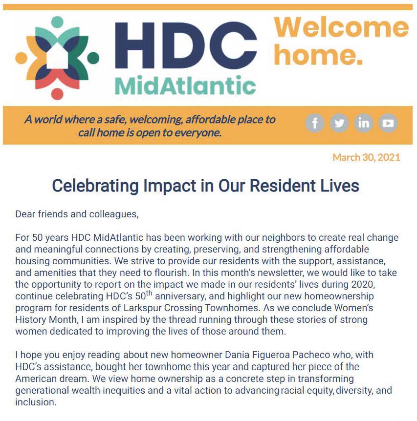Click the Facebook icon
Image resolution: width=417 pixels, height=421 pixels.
[x=315, y=123]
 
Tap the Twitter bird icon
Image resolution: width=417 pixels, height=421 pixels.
[x=339, y=123]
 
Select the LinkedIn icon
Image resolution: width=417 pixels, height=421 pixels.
[x=364, y=123]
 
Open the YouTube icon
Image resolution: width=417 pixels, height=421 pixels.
[x=388, y=123]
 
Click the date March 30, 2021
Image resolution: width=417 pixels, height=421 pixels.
[x=367, y=157]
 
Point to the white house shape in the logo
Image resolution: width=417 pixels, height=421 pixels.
[x=57, y=56]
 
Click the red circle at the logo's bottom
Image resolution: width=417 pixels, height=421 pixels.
[x=57, y=94]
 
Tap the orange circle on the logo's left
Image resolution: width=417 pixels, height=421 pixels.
[x=21, y=58]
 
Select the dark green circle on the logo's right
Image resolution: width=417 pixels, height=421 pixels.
[x=93, y=58]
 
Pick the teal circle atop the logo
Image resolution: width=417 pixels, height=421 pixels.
[x=57, y=22]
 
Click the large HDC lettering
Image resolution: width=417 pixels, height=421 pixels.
[x=186, y=45]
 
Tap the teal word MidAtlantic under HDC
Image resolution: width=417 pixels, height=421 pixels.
[x=185, y=85]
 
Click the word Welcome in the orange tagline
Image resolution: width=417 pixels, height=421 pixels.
[x=341, y=27]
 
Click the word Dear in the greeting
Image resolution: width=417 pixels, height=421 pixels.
[x=25, y=214]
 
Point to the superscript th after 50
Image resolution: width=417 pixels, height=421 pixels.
[x=149, y=293]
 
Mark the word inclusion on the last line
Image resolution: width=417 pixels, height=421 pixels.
[x=36, y=402]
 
